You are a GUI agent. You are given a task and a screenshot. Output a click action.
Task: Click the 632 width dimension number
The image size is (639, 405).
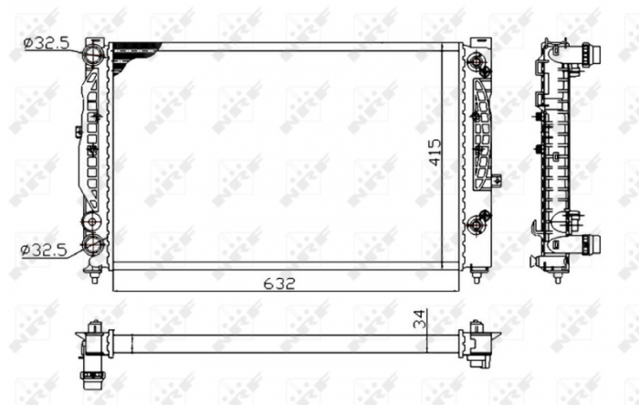(281, 283)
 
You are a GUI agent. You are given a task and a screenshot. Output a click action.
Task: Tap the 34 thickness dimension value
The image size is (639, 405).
(419, 320)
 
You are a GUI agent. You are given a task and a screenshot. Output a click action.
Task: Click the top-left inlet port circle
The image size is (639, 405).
(94, 56)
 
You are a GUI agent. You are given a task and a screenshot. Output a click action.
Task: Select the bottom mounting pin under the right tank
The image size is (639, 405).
(476, 272)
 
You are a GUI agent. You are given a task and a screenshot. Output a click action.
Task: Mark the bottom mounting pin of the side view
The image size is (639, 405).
(557, 274)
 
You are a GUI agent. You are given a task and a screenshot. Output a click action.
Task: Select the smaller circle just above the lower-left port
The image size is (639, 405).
(93, 222)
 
